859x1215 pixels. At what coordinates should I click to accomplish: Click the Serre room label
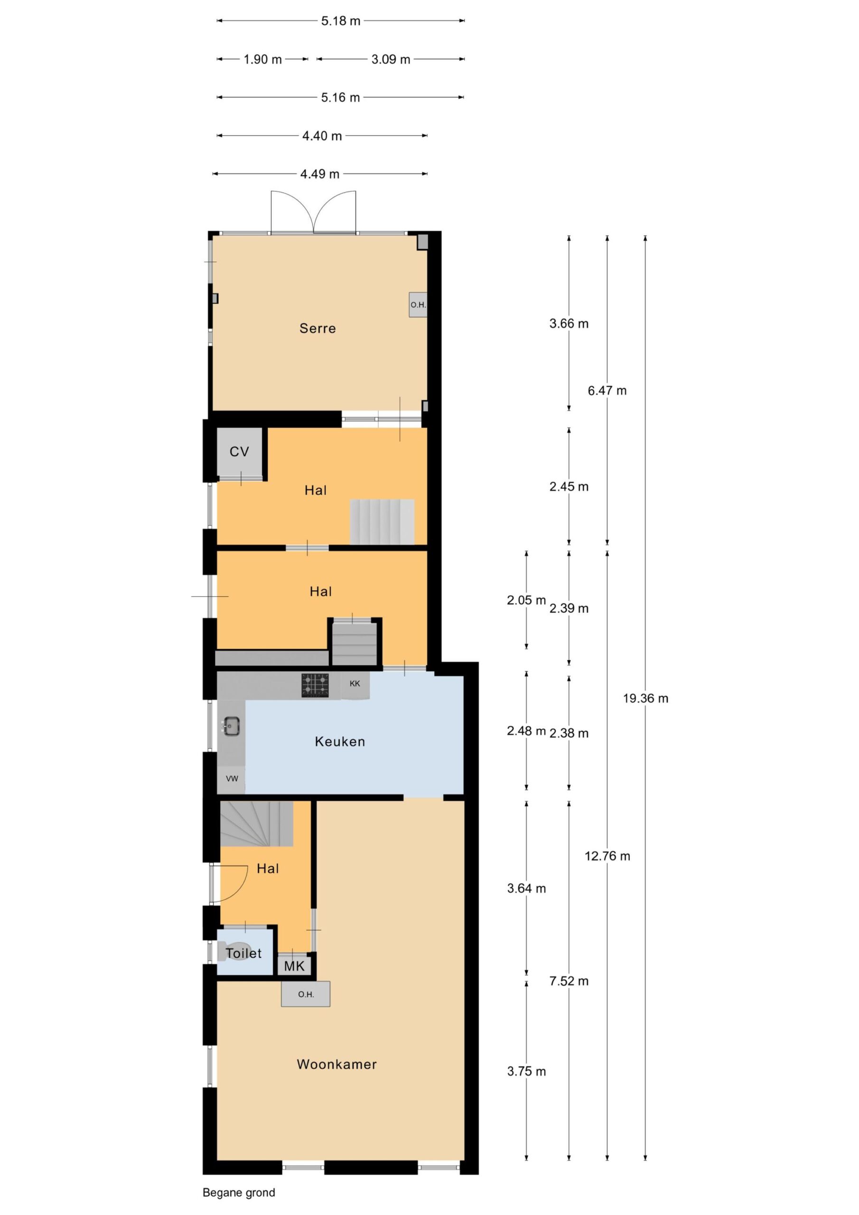(317, 328)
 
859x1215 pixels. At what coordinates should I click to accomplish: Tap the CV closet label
(239, 451)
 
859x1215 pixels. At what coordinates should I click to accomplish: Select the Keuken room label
(340, 741)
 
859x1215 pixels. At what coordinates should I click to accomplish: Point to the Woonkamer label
(336, 1064)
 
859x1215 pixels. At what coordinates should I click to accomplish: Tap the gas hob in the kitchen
(315, 685)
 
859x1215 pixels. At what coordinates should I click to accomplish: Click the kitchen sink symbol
(231, 726)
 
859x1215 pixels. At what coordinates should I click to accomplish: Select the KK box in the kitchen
(355, 684)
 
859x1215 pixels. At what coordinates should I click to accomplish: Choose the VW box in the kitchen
(231, 778)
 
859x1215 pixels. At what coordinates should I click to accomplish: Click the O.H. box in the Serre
(418, 305)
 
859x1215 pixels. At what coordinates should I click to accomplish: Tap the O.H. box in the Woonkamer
(305, 994)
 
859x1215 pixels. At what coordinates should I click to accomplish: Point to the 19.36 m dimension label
(646, 699)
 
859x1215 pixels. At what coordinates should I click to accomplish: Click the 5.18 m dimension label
(341, 20)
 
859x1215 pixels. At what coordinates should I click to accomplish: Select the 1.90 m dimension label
(262, 59)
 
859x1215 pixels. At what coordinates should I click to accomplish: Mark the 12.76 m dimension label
(607, 856)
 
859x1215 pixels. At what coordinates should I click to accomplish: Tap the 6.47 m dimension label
(607, 391)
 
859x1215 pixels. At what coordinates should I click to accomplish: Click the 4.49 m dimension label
(320, 174)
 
